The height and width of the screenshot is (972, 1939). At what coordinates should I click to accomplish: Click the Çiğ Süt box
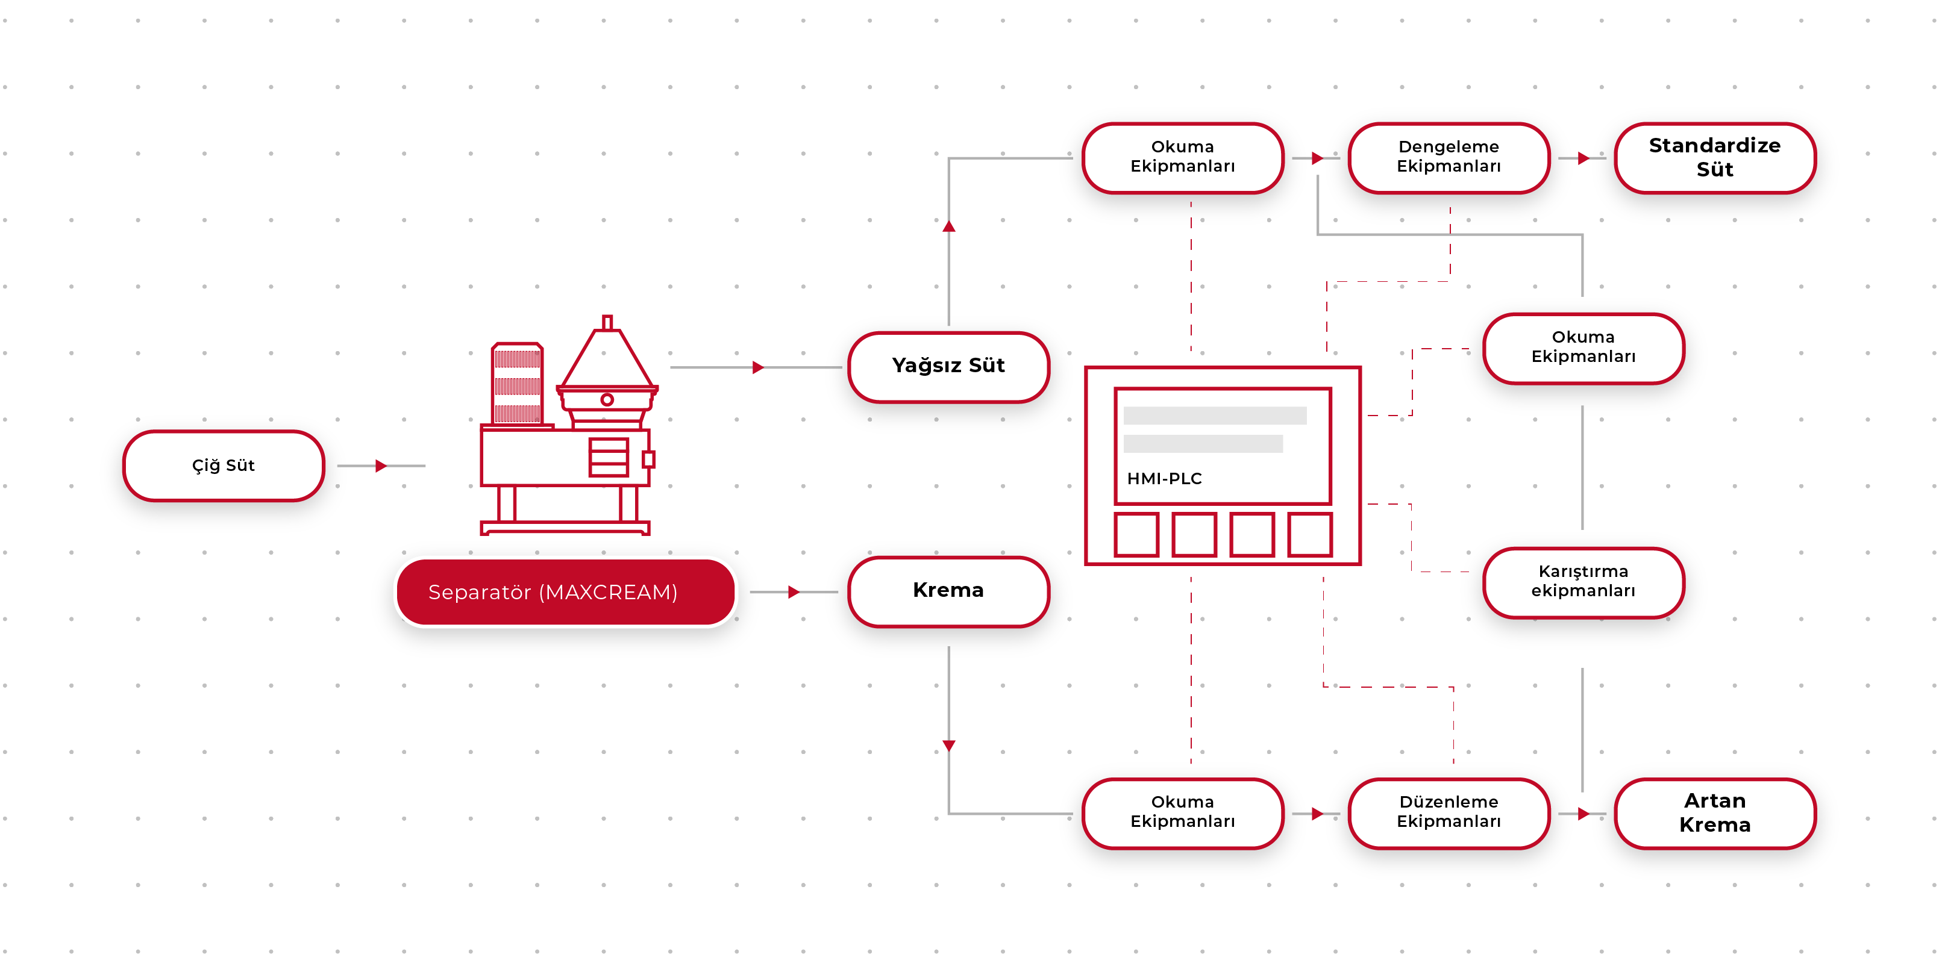(224, 466)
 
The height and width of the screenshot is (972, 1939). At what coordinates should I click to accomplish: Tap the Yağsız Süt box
(948, 366)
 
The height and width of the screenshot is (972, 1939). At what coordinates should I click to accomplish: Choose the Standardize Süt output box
(1715, 157)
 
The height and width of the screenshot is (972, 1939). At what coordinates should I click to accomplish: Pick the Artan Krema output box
(1715, 812)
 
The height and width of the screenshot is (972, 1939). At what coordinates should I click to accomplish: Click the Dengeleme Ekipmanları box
(1449, 157)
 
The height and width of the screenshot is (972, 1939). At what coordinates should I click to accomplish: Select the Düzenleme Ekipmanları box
(1449, 812)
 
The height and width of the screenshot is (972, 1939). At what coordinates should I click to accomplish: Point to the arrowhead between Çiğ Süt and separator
(381, 466)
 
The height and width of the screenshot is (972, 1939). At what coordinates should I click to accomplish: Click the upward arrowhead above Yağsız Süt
(948, 226)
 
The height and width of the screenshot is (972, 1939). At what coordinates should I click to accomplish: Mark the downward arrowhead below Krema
(948, 746)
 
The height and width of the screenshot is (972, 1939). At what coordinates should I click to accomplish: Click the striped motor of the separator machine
(517, 384)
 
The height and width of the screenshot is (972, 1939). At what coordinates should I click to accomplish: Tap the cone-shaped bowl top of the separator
(607, 357)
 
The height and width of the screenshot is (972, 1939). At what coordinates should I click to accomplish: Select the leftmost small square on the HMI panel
(1136, 534)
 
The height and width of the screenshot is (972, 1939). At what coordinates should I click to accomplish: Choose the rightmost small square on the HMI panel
(1310, 534)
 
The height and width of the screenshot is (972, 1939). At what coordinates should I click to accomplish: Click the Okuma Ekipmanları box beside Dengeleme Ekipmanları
(1183, 157)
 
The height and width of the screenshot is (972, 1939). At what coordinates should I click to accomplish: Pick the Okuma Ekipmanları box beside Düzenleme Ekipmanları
(1183, 812)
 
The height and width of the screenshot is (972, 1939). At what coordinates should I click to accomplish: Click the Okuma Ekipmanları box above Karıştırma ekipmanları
(1583, 347)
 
